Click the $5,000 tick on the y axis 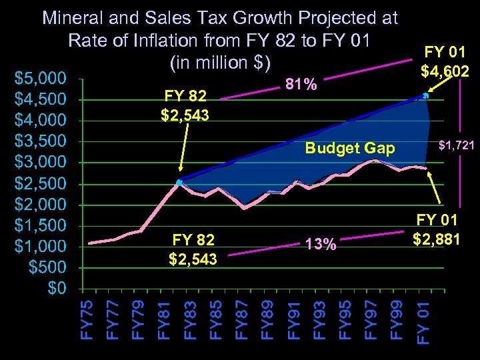click(40, 79)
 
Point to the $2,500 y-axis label click(40, 183)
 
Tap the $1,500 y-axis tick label click(40, 225)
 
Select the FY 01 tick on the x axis click(423, 322)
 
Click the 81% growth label click(301, 85)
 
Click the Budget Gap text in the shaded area click(349, 148)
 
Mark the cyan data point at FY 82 click(179, 182)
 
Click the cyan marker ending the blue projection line click(426, 96)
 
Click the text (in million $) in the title click(220, 63)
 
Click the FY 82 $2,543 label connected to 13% click(193, 249)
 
